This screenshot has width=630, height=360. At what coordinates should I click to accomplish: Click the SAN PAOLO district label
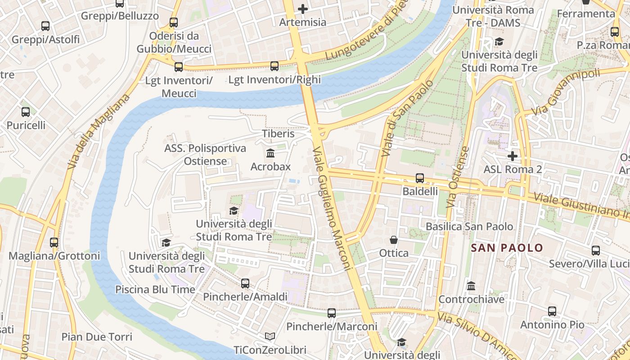click(507, 248)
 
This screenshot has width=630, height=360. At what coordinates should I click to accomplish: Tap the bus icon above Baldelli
click(419, 178)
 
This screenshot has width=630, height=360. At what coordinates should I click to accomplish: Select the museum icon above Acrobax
click(270, 153)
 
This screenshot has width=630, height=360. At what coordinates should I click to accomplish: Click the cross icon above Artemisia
click(303, 9)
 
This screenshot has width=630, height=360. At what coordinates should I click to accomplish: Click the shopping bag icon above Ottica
click(394, 240)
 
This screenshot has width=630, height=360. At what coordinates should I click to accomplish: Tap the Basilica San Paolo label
click(469, 226)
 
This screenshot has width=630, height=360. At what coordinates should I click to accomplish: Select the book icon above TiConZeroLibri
click(270, 337)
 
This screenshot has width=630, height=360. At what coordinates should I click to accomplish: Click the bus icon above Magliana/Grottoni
click(54, 243)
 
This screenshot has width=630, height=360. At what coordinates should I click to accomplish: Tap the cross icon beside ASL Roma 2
click(512, 156)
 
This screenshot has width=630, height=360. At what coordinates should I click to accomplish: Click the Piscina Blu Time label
click(155, 289)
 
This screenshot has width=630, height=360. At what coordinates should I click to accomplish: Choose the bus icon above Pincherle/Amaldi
click(245, 283)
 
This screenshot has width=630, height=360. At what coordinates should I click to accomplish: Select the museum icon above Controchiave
click(471, 286)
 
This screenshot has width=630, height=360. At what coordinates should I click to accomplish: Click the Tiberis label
click(278, 134)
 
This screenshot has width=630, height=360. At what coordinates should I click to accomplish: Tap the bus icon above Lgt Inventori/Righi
click(274, 66)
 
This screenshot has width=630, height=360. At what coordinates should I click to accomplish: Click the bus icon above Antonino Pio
click(552, 311)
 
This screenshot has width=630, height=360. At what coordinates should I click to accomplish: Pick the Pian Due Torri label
click(97, 337)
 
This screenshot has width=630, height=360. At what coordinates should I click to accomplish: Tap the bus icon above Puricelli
click(26, 112)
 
